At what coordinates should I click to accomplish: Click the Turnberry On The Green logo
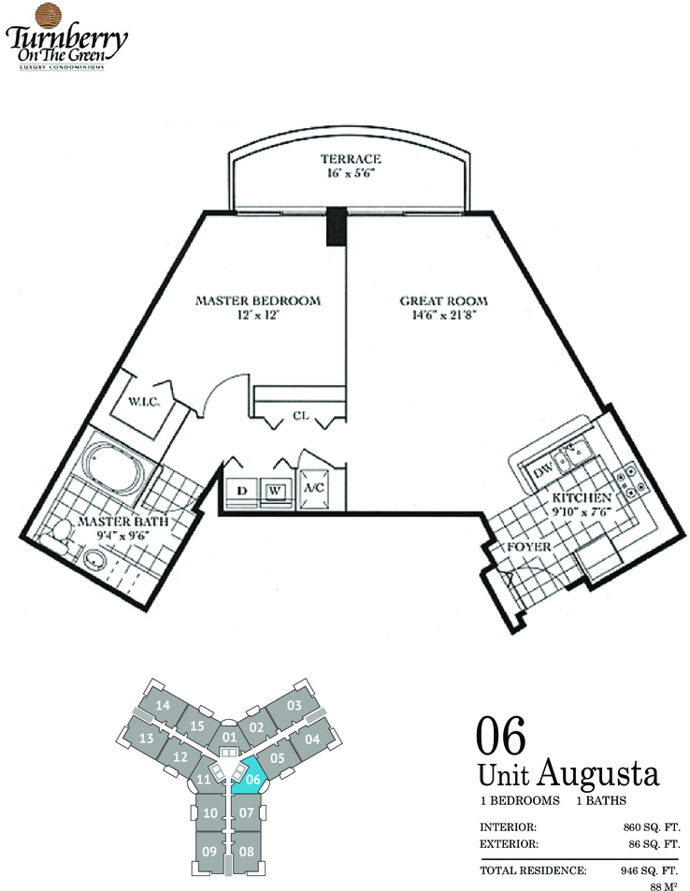pos(66,37)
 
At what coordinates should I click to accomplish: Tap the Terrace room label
pos(350,159)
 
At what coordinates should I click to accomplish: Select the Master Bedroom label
pos(258,301)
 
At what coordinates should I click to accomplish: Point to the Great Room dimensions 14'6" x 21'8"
pos(443,315)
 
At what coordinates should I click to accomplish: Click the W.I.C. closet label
pos(144,402)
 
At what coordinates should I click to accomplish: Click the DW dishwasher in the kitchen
pos(543,470)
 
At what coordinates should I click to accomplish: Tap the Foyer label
pos(529,547)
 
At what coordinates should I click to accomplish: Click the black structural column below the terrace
pos(337,226)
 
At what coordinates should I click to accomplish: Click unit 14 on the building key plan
pos(163,705)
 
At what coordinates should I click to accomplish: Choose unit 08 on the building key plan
pos(246,851)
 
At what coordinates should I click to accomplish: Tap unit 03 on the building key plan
pos(294,705)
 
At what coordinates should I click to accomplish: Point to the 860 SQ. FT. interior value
pos(652,827)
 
